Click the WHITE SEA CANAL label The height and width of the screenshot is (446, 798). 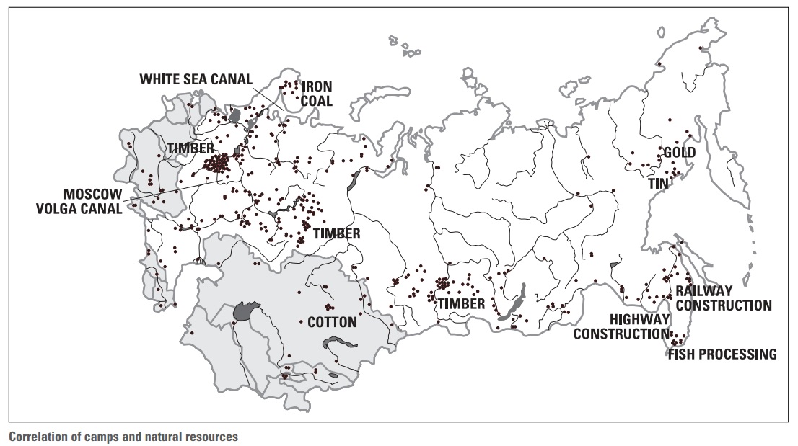(x=196, y=78)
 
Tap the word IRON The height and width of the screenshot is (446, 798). (x=317, y=87)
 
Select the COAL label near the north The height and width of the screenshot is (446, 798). (x=317, y=102)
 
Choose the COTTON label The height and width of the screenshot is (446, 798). (x=332, y=322)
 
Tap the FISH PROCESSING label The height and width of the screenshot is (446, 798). (x=722, y=354)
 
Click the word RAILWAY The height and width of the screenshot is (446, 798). (x=703, y=291)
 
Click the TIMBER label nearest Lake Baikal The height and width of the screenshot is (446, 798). (x=461, y=303)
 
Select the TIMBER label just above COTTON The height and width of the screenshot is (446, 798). (x=336, y=234)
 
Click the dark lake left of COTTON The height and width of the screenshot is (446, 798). (x=247, y=311)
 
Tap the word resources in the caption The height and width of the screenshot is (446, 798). (x=212, y=436)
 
